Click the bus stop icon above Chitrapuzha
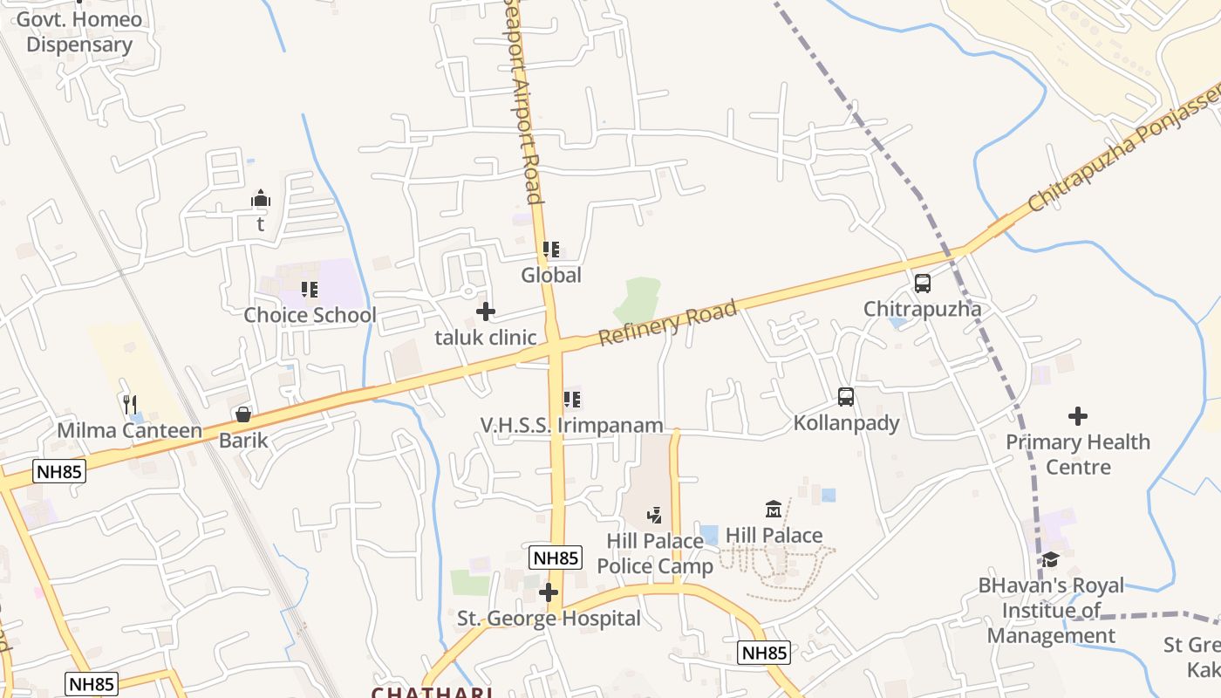[922, 284]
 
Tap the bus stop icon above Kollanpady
[845, 397]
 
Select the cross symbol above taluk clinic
[486, 311]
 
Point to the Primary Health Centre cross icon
[1078, 416]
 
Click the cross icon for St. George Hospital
[549, 593]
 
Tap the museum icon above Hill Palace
[773, 509]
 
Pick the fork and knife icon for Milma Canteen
[130, 404]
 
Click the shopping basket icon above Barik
[243, 414]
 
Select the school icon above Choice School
[309, 289]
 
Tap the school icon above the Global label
[550, 250]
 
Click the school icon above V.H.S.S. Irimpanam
[572, 400]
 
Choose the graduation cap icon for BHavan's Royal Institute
[1050, 559]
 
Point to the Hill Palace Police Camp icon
[654, 516]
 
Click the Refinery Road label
[668, 323]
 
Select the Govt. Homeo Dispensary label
[79, 32]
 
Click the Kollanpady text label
[846, 424]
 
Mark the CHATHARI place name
[432, 692]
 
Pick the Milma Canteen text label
[129, 431]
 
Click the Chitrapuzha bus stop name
[922, 309]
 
